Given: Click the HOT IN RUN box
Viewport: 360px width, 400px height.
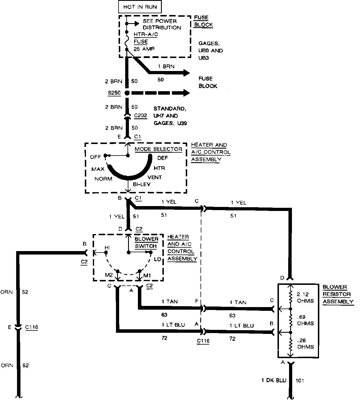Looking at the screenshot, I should click(x=140, y=7).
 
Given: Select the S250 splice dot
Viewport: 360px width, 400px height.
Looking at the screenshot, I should click(x=127, y=93).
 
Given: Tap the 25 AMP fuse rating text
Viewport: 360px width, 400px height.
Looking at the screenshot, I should click(x=144, y=49).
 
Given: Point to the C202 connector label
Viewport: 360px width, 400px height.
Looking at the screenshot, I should click(x=141, y=116).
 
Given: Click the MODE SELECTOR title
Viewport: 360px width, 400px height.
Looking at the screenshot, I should click(x=158, y=149).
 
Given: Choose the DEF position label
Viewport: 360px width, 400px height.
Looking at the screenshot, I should click(x=162, y=158).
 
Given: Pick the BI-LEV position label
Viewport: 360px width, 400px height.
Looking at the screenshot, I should click(x=141, y=184).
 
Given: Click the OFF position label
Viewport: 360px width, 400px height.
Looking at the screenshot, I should click(x=95, y=157).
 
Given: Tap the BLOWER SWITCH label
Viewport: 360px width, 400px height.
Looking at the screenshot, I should click(x=147, y=242).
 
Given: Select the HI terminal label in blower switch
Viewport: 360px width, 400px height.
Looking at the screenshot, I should click(x=107, y=248).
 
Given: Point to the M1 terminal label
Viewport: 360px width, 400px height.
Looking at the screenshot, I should click(x=147, y=275).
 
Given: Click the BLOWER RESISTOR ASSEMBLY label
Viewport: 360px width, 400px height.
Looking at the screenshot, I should click(x=338, y=294).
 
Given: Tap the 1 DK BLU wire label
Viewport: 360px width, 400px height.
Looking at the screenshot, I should click(x=274, y=380).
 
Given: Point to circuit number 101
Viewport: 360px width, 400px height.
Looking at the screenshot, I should click(x=300, y=380).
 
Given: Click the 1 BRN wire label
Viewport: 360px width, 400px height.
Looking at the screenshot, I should click(x=166, y=66).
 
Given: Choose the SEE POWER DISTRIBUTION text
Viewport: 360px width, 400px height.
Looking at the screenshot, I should click(x=162, y=24).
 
